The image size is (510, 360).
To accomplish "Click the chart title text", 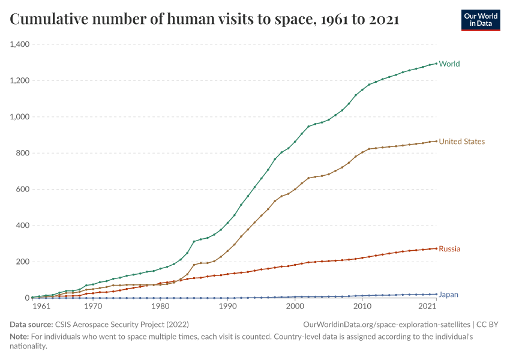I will tap(205, 20).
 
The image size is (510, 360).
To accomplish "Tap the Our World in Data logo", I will tap(481, 20).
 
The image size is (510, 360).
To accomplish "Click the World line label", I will tap(449, 64).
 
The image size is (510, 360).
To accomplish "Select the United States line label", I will tap(462, 142).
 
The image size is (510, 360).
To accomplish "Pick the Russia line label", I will tap(449, 248).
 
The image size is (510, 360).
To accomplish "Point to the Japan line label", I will tap(449, 295).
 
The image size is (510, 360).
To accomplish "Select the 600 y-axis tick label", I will tap(23, 190).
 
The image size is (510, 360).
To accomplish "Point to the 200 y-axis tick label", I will tap(23, 262).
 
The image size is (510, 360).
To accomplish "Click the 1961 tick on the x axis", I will tap(41, 307).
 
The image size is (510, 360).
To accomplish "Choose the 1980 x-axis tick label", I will tap(160, 307).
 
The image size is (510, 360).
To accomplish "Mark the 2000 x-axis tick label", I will tap(295, 307).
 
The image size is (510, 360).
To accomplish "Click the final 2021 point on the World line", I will tap(436, 63).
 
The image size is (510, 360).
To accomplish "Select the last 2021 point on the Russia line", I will tap(436, 248).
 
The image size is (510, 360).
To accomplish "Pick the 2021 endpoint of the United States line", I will tap(436, 141).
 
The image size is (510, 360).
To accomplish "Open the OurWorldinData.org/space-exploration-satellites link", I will tap(387, 324).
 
